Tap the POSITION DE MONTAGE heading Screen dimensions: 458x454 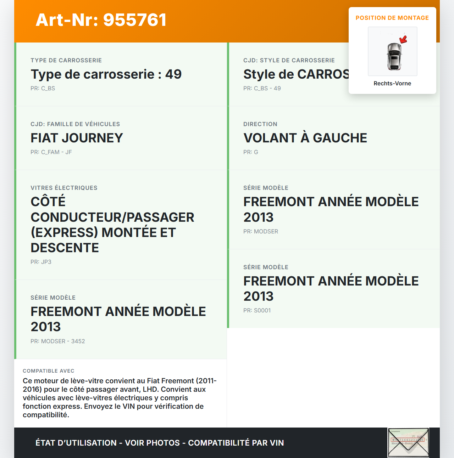(x=392, y=18)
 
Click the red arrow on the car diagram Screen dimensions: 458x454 (x=403, y=39)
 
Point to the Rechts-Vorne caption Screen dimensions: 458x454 (x=392, y=83)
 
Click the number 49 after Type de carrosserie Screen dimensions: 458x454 (x=173, y=74)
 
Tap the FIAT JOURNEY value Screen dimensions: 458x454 (x=77, y=138)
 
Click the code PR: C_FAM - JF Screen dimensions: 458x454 (x=51, y=152)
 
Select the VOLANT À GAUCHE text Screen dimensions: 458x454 (x=305, y=138)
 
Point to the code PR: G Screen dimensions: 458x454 (x=250, y=152)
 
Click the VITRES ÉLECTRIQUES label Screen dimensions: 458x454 (x=64, y=188)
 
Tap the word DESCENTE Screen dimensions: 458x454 (x=65, y=248)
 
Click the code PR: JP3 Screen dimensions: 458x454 (x=41, y=262)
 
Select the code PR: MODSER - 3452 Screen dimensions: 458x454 (x=57, y=341)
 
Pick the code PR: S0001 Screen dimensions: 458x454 (x=257, y=310)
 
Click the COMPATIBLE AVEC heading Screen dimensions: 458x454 (x=49, y=371)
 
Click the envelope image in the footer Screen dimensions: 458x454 (x=408, y=442)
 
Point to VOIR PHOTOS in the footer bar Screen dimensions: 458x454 (x=153, y=443)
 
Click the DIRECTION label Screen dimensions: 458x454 (x=260, y=124)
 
